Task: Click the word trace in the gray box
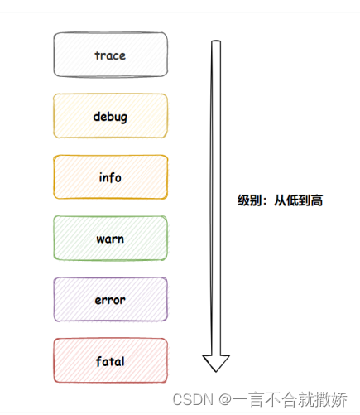(x=110, y=55)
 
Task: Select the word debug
(x=110, y=117)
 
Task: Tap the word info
(x=110, y=177)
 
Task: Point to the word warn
(x=110, y=239)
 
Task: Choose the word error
(x=110, y=300)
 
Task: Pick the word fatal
(x=110, y=361)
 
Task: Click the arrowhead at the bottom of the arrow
(x=216, y=363)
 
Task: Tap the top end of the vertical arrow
(x=216, y=41)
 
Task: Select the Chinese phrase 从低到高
(x=298, y=200)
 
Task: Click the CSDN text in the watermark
(x=193, y=399)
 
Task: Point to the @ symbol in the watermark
(x=225, y=399)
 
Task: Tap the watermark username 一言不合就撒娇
(x=290, y=399)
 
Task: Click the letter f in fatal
(x=98, y=361)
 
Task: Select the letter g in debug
(x=123, y=118)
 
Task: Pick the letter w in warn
(x=100, y=239)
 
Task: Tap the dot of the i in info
(x=101, y=173)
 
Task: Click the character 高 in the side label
(x=317, y=200)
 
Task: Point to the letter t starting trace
(x=98, y=55)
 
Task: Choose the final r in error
(x=123, y=301)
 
